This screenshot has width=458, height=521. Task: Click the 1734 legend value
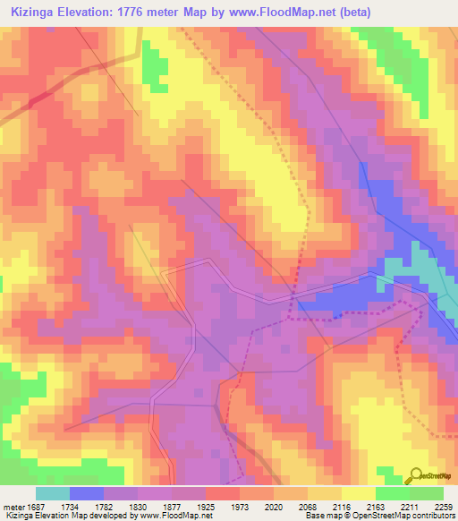87,506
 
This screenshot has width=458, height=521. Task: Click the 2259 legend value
444,506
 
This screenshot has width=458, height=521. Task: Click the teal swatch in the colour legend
53,493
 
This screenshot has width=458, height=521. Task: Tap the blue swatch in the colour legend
87,493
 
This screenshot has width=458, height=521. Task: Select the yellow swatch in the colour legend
359,493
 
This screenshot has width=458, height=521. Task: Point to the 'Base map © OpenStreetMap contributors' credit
378,516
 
